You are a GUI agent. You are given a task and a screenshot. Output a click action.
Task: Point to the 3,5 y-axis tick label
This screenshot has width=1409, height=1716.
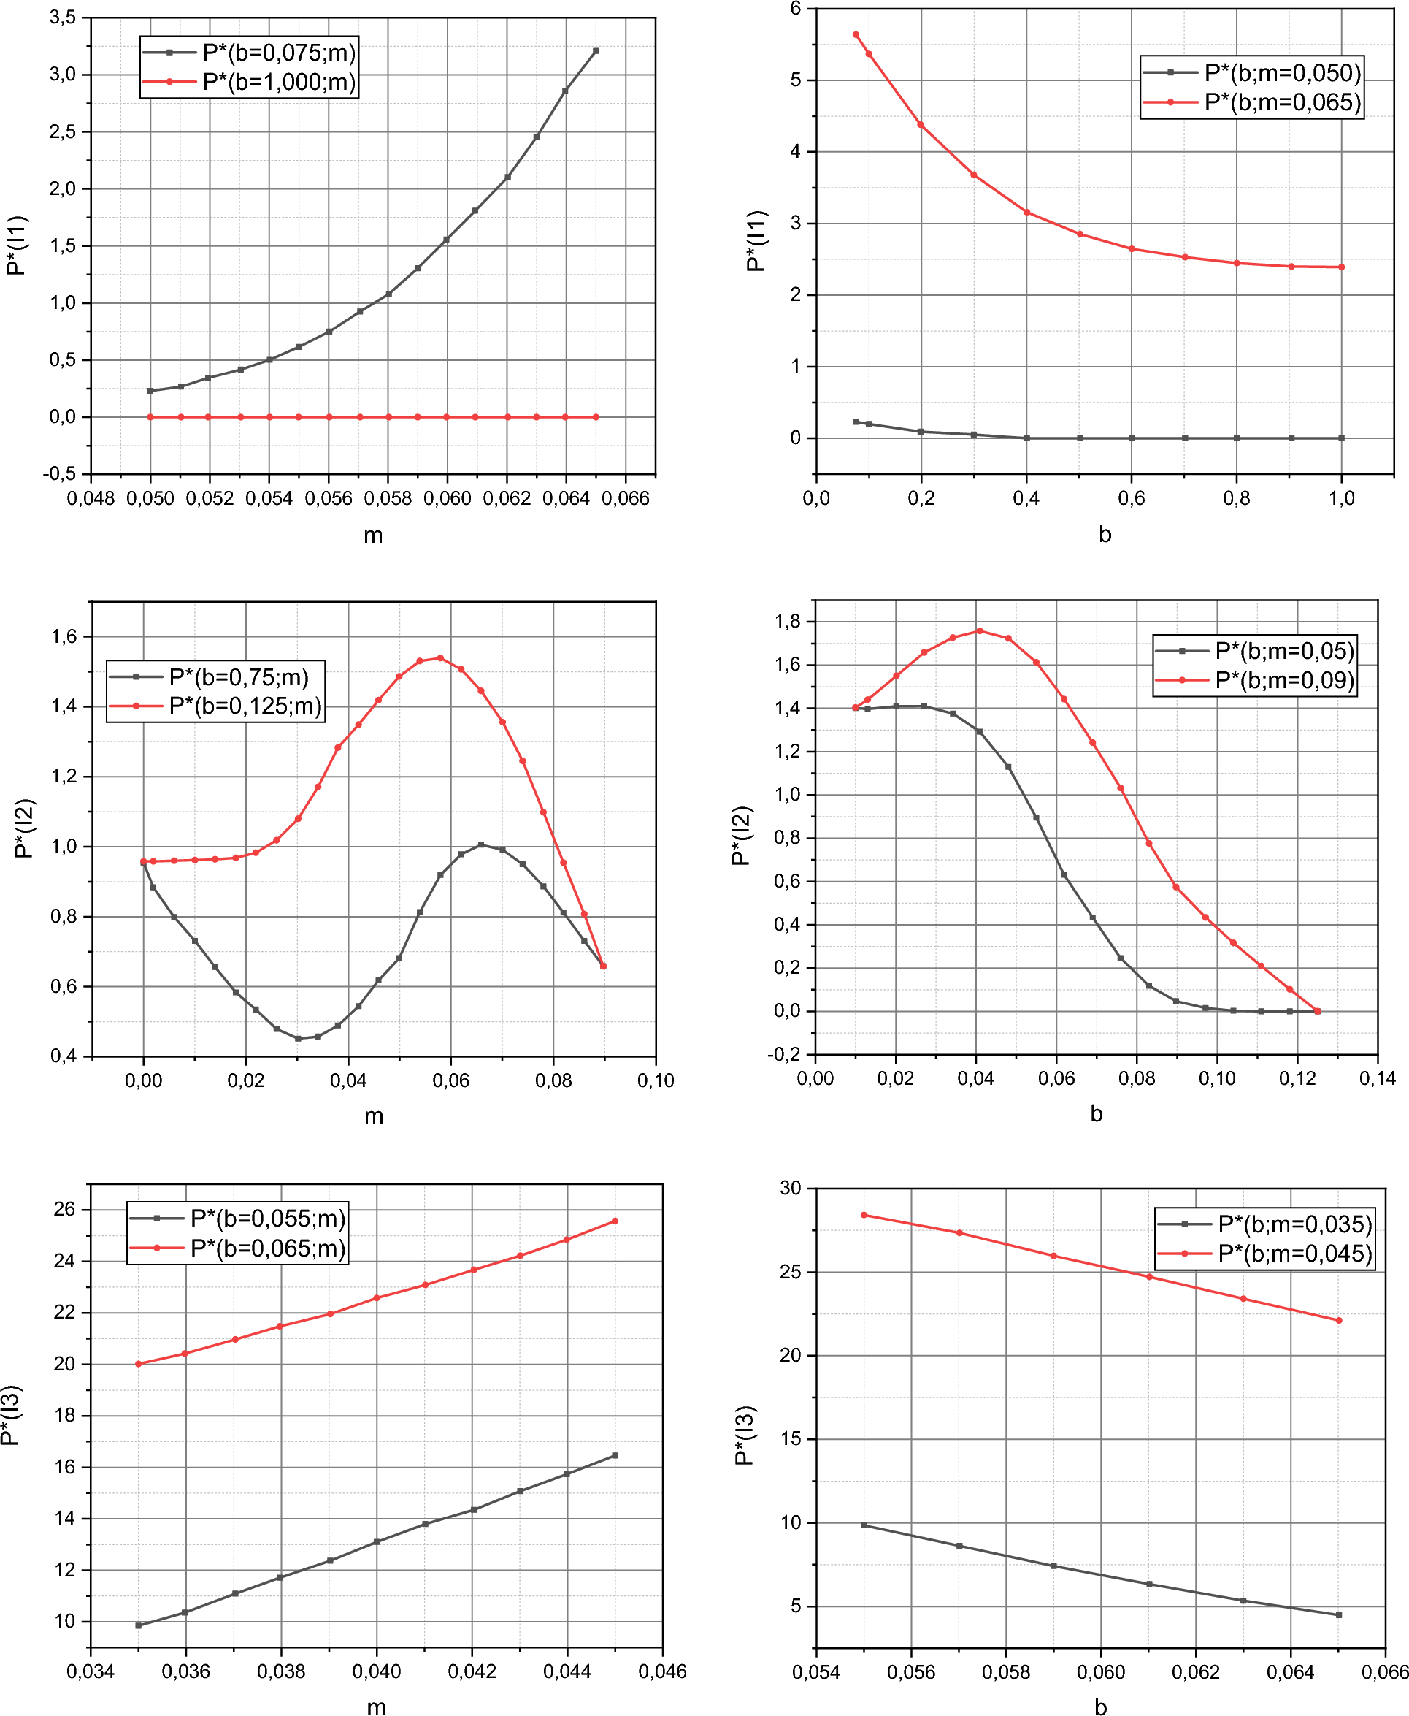click(x=63, y=17)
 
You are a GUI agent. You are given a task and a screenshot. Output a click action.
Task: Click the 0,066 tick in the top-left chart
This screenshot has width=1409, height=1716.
click(x=625, y=499)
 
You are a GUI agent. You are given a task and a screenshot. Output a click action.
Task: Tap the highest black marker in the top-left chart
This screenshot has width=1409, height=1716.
click(x=596, y=51)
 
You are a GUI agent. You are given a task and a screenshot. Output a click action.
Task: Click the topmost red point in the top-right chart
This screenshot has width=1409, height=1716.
click(x=856, y=35)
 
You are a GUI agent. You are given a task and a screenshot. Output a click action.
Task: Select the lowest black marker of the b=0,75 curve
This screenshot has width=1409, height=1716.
click(x=298, y=1039)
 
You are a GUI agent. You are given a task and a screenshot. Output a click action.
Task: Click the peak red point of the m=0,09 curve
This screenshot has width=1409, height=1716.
click(x=980, y=631)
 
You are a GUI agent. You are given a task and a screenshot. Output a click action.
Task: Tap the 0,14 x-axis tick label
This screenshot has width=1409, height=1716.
click(x=1378, y=1078)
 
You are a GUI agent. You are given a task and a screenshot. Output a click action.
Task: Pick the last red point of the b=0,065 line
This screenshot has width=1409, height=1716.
click(x=615, y=1221)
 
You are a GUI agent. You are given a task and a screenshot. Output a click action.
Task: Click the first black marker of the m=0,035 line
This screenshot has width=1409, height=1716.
click(x=864, y=1525)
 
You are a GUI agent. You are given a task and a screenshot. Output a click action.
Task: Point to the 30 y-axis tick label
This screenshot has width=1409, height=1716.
click(x=790, y=1188)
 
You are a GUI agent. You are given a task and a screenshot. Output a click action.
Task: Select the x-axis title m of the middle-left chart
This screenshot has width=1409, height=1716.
click(x=373, y=1116)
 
